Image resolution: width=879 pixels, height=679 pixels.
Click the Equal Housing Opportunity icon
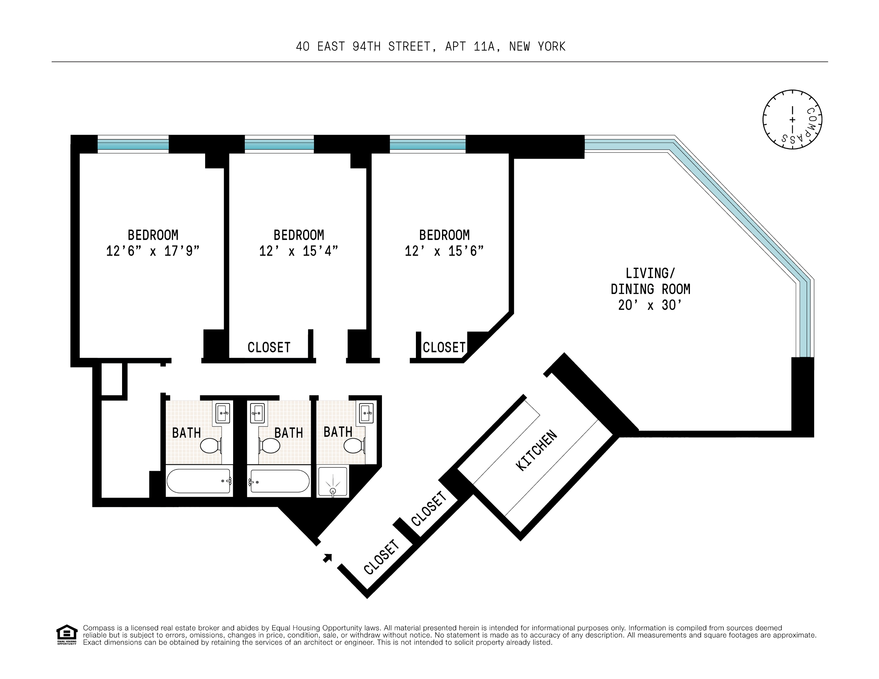66,634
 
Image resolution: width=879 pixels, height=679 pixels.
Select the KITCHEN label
536,450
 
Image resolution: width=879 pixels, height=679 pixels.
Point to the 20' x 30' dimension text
650,305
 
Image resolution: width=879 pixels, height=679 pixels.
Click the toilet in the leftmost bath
210,445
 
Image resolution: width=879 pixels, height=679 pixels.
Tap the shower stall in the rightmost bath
333,482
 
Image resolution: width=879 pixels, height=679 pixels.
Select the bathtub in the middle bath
279,481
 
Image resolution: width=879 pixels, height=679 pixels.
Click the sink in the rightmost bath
367,413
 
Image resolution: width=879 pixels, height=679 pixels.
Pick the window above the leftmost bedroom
133,144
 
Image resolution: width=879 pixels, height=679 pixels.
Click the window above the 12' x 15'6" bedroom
428,144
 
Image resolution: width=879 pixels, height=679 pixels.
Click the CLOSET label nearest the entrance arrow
381,557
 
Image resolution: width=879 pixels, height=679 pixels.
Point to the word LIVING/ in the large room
650,273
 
